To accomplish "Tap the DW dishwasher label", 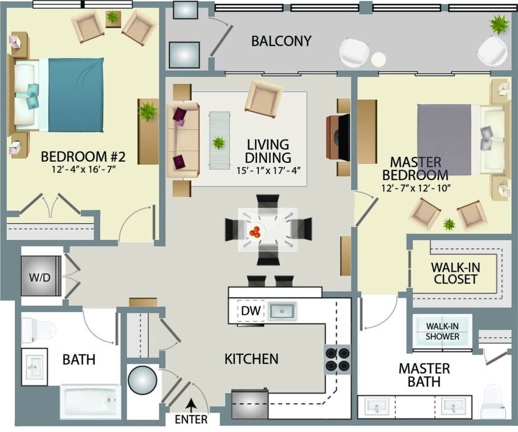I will tap(251, 311).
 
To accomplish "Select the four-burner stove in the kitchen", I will tap(337, 359).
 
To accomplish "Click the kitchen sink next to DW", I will tap(283, 311).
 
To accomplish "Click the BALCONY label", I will tap(281, 41).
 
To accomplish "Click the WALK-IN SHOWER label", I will tap(443, 331).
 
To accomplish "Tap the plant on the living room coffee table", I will tap(219, 143).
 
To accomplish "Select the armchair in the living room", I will tap(264, 98).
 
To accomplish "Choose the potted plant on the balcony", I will tap(498, 24).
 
